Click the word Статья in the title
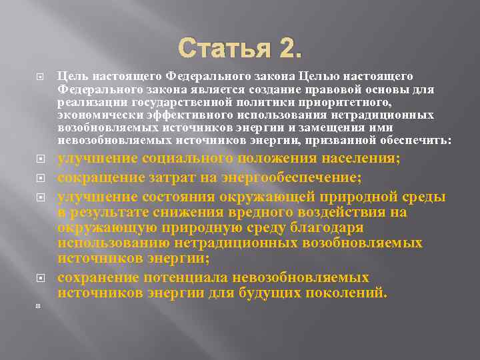click(x=221, y=48)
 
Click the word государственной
click(x=165, y=102)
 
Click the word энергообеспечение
click(x=285, y=177)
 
